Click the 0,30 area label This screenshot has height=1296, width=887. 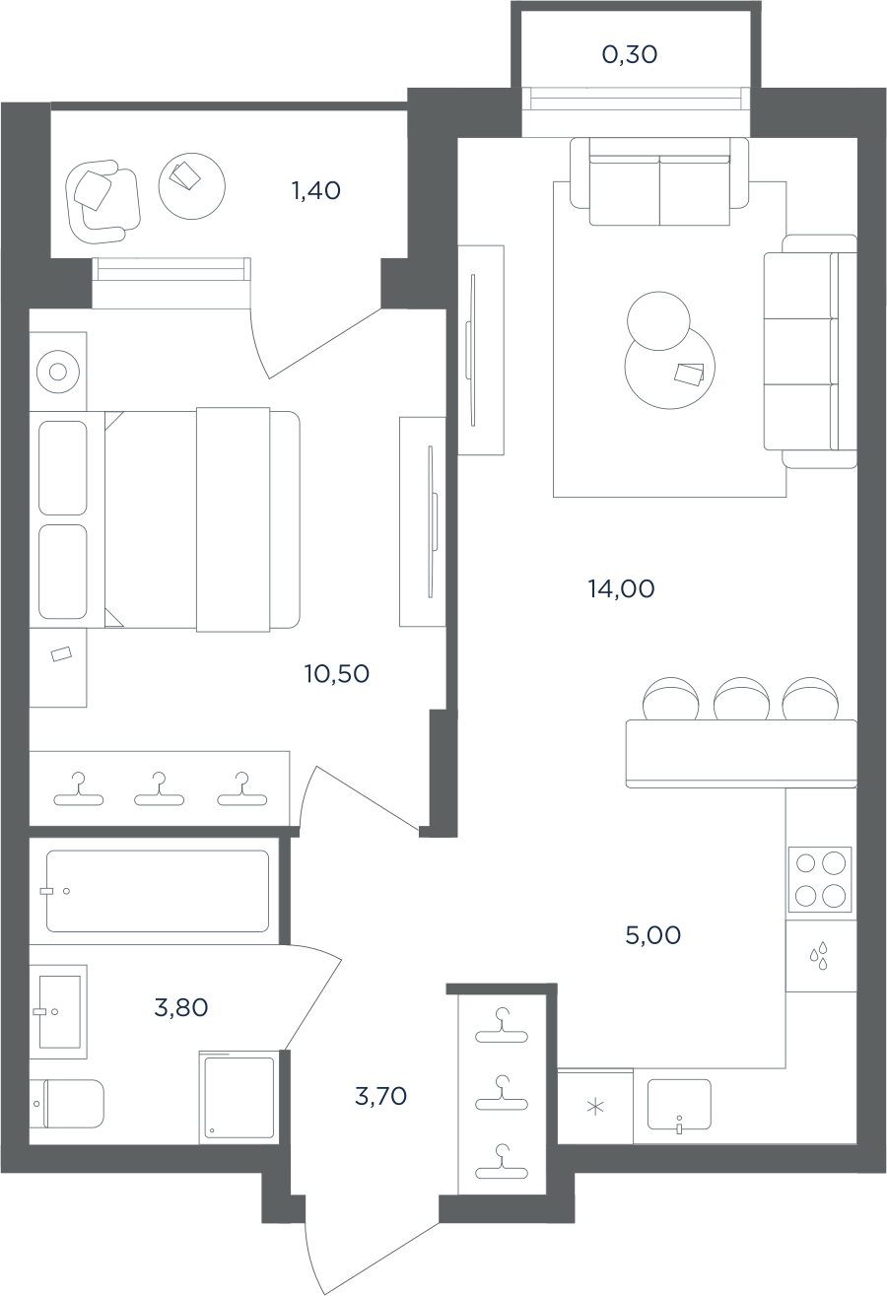pyautogui.click(x=630, y=55)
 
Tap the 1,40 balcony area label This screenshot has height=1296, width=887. pyautogui.click(x=316, y=190)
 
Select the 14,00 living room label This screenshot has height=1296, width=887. pyautogui.click(x=622, y=589)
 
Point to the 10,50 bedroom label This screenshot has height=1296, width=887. pyautogui.click(x=337, y=674)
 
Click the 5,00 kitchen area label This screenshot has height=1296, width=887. pyautogui.click(x=652, y=935)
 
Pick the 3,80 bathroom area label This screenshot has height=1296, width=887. pyautogui.click(x=181, y=1008)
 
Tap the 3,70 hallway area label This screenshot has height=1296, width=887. pyautogui.click(x=380, y=1096)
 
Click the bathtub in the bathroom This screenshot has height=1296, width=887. pyautogui.click(x=158, y=891)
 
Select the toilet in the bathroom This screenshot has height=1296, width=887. pyautogui.click(x=67, y=1104)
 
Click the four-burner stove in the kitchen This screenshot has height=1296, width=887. pyautogui.click(x=820, y=879)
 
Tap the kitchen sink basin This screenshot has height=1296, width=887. pyautogui.click(x=679, y=1104)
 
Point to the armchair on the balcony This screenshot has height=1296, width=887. pyautogui.click(x=103, y=202)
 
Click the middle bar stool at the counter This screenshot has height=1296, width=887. pyautogui.click(x=741, y=699)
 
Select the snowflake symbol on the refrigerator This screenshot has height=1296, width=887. pyautogui.click(x=595, y=1108)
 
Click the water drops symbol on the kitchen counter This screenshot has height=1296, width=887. pyautogui.click(x=819, y=956)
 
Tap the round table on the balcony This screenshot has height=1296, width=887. pyautogui.click(x=191, y=185)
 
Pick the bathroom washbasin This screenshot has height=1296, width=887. pyautogui.click(x=58, y=1012)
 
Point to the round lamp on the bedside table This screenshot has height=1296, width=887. pyautogui.click(x=58, y=371)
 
